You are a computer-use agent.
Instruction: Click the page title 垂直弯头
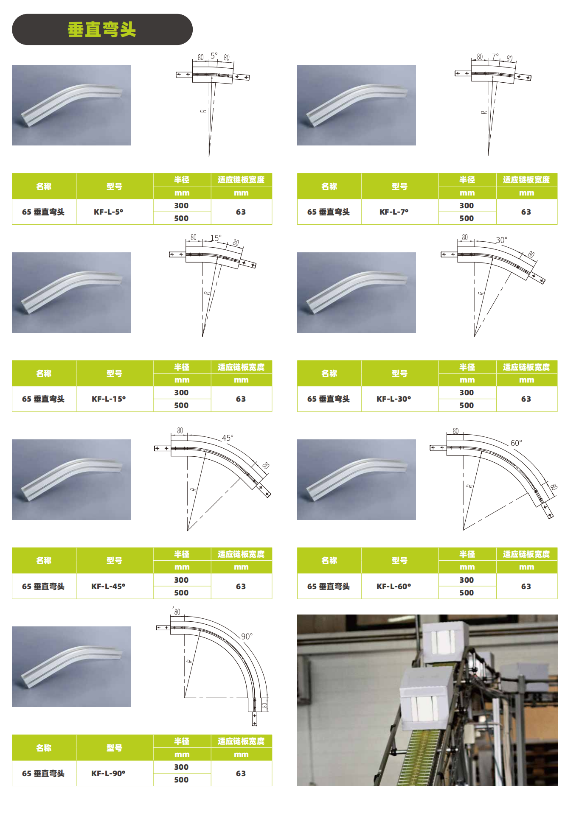click(x=102, y=30)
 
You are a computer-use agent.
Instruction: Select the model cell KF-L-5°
click(x=109, y=212)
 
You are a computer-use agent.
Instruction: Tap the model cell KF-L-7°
click(x=394, y=212)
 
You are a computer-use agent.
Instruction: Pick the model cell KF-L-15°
click(x=109, y=399)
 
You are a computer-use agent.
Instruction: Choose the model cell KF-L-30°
click(x=394, y=399)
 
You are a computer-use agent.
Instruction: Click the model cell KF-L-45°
click(x=108, y=586)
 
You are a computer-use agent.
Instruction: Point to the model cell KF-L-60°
click(x=394, y=586)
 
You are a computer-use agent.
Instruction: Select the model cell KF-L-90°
click(x=108, y=773)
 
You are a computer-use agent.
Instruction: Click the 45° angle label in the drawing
click(x=228, y=438)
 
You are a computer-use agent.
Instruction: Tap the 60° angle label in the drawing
click(x=516, y=443)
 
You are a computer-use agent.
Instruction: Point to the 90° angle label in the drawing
click(x=247, y=636)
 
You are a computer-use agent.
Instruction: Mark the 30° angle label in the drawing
click(x=501, y=240)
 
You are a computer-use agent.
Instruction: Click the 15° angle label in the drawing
click(x=216, y=238)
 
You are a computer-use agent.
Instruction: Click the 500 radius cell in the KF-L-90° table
click(x=181, y=779)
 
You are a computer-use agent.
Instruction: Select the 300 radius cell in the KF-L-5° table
click(x=181, y=205)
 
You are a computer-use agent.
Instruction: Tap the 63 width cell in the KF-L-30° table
click(x=526, y=399)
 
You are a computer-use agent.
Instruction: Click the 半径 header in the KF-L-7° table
click(x=467, y=180)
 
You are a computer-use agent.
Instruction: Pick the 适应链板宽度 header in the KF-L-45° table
click(x=241, y=554)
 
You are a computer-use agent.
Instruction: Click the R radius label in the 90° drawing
click(x=189, y=661)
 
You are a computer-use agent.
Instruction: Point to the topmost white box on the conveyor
click(x=446, y=643)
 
